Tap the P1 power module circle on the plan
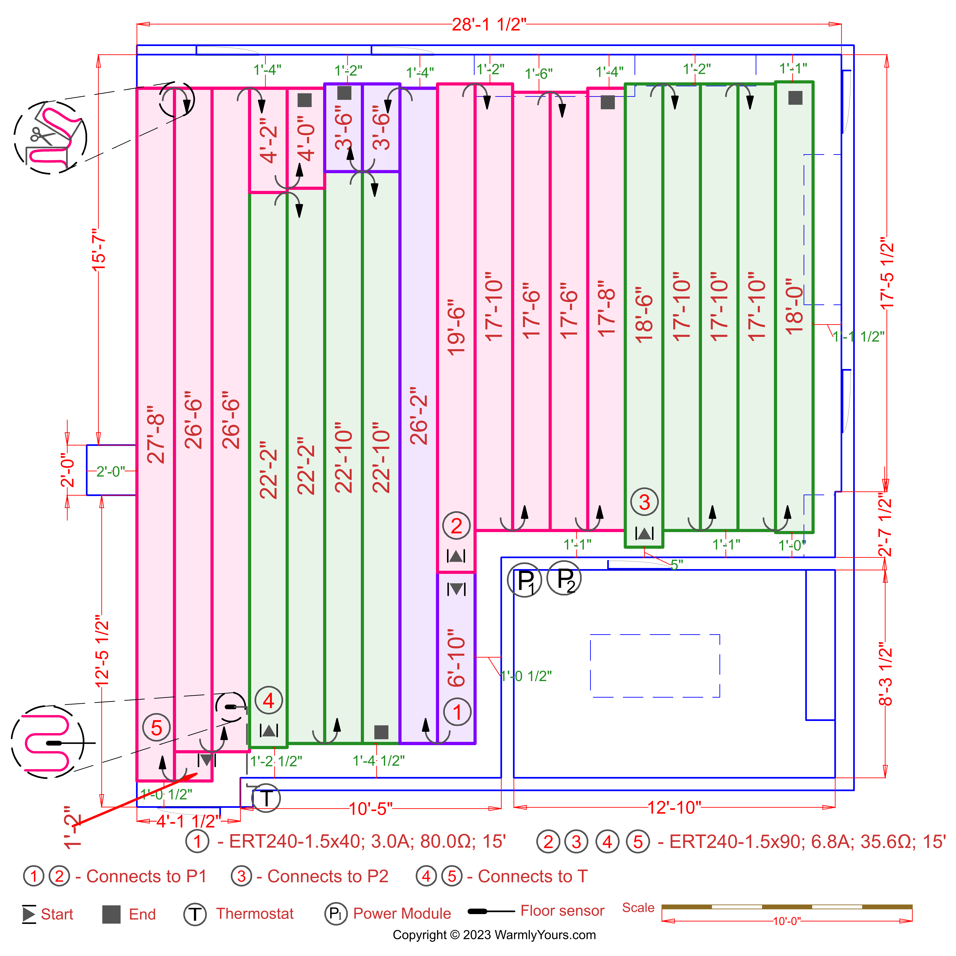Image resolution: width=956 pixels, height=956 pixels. (525, 580)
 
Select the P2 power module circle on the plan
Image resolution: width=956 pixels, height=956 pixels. (564, 578)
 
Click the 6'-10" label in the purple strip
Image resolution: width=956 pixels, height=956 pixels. (456, 658)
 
